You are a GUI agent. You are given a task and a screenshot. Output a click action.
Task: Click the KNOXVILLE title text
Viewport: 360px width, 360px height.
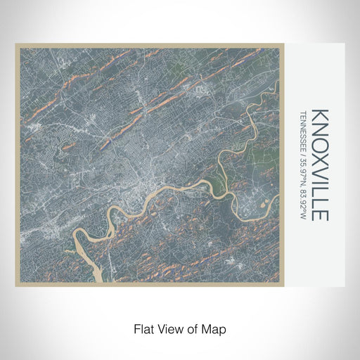320,164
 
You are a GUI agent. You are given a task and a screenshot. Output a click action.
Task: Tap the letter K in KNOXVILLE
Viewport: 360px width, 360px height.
320,113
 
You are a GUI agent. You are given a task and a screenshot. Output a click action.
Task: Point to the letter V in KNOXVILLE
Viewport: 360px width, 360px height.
320,169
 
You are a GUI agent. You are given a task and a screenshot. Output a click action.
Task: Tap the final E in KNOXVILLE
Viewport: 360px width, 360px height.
320,214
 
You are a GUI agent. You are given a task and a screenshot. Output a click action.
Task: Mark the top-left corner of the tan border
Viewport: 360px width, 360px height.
16,45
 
